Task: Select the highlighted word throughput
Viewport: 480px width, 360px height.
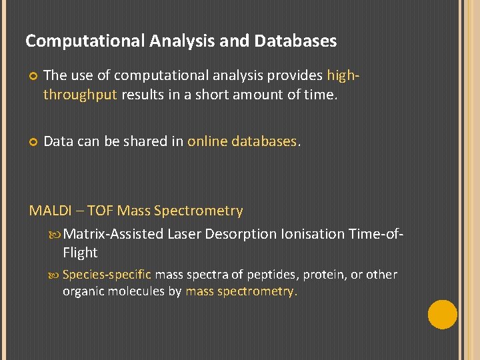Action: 80,95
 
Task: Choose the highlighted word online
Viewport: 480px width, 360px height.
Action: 207,141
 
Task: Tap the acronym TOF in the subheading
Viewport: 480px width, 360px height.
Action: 100,211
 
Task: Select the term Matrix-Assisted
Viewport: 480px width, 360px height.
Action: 114,234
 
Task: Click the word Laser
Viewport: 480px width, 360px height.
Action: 184,234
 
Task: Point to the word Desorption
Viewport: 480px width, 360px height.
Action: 241,234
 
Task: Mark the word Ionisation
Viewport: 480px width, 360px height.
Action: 312,234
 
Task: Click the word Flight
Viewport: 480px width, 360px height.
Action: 80,253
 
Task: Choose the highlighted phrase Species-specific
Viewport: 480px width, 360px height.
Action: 107,275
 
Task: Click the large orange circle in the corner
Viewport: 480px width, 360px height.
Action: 443,315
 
